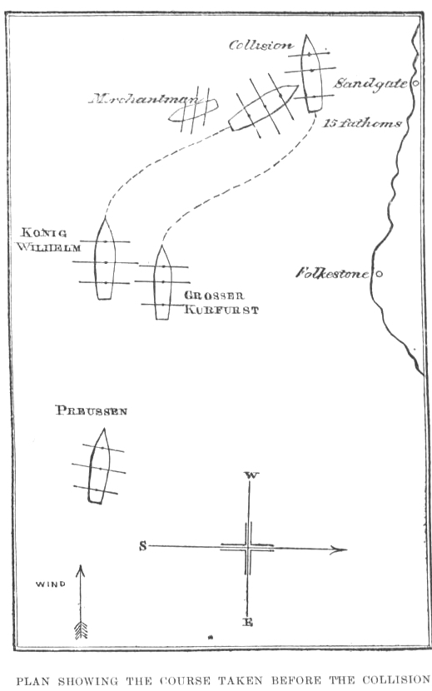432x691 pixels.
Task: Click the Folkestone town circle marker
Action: coord(379,274)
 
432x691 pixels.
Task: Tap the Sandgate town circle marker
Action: coord(415,83)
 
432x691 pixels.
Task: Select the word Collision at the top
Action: coord(261,45)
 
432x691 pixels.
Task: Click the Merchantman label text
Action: coord(144,99)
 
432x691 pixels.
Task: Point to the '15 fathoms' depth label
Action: coord(362,123)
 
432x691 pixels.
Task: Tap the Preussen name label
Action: coord(92,410)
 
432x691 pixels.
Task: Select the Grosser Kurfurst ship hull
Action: coord(162,282)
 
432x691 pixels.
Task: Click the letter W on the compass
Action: coord(251,475)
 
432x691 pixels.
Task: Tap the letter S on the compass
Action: coord(143,546)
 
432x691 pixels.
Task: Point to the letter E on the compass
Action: coord(248,622)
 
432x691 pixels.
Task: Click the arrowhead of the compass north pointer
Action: coord(339,549)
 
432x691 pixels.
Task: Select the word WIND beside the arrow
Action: coord(51,584)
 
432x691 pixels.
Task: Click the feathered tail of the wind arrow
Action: coord(81,630)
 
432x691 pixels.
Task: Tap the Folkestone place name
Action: coord(332,273)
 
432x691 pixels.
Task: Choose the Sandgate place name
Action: coord(370,83)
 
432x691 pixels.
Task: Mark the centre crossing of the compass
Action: coord(248,548)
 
